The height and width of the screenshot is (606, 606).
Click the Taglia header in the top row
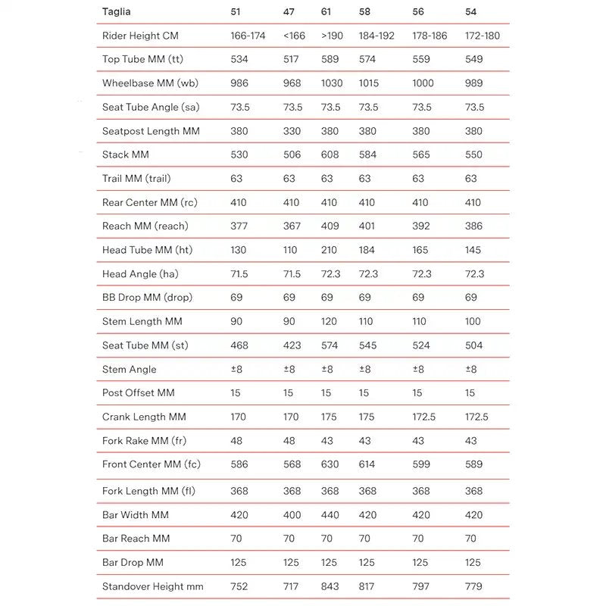coord(116,11)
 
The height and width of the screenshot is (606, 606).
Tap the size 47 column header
coord(289,11)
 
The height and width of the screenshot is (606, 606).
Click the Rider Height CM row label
coord(140,36)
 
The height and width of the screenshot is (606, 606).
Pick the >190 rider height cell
coord(331,36)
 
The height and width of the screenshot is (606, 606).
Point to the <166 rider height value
coord(294,36)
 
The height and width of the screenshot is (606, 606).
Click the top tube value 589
coord(330,59)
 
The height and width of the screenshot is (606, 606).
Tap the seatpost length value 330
coord(292,131)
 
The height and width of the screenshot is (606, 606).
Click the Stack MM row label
coord(126,155)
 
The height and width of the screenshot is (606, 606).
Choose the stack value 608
coord(330,155)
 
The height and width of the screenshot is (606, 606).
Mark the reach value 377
coord(239,226)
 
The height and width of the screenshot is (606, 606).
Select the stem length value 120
coord(329,321)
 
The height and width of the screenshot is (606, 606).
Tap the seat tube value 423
coord(292,345)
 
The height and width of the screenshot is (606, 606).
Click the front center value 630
coord(330,464)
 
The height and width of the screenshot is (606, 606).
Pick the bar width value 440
coord(330,515)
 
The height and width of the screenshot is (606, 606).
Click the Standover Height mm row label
coord(152,586)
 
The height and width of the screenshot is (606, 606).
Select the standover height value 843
coord(330,586)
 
